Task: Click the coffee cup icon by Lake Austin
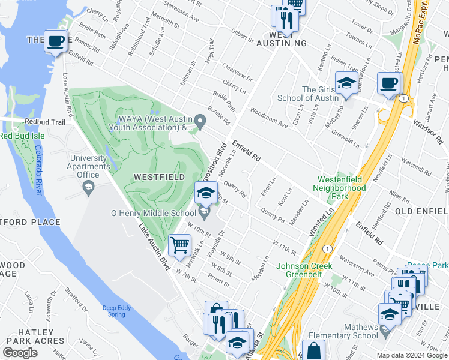click(56, 41)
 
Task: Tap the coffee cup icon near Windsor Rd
click(388, 83)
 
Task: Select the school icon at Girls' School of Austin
click(346, 83)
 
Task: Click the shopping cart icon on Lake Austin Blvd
click(179, 245)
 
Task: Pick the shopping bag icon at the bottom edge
click(313, 350)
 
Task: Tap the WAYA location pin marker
click(202, 124)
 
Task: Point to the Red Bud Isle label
click(22, 136)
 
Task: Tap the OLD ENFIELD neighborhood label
click(418, 212)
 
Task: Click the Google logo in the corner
click(20, 353)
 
